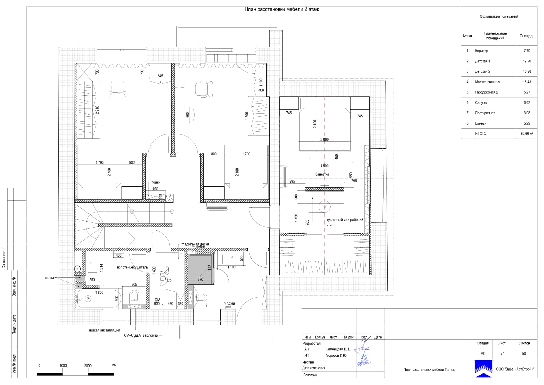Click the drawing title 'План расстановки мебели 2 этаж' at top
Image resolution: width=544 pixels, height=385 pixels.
click(x=282, y=9)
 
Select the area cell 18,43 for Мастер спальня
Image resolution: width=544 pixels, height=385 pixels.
click(x=527, y=82)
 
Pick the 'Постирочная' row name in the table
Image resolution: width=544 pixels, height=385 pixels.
click(x=485, y=113)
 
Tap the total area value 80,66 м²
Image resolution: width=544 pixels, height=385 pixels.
click(x=527, y=134)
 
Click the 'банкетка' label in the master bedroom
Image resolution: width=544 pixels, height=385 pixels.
click(x=322, y=174)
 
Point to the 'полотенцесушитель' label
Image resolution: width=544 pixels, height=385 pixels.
click(x=132, y=267)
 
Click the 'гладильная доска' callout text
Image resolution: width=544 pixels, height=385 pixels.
click(x=195, y=244)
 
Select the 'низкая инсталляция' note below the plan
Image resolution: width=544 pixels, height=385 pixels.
click(x=105, y=330)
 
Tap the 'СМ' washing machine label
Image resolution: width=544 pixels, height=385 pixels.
click(x=157, y=300)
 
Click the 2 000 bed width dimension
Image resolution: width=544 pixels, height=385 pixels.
click(x=324, y=140)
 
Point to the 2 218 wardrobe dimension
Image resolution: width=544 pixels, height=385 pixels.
click(x=97, y=110)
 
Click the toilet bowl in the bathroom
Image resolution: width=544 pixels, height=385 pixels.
click(x=134, y=297)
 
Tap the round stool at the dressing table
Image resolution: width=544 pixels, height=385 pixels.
click(x=324, y=207)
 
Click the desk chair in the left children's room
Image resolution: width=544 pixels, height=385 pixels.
click(x=117, y=89)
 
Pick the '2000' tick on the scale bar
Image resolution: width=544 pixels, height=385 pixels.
click(x=88, y=366)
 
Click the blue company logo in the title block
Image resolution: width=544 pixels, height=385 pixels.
click(x=484, y=369)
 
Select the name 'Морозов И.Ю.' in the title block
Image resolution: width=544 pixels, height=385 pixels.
click(x=336, y=355)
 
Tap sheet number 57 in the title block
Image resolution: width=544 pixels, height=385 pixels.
click(x=502, y=354)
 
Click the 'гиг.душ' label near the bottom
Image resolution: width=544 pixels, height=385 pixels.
click(x=229, y=304)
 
